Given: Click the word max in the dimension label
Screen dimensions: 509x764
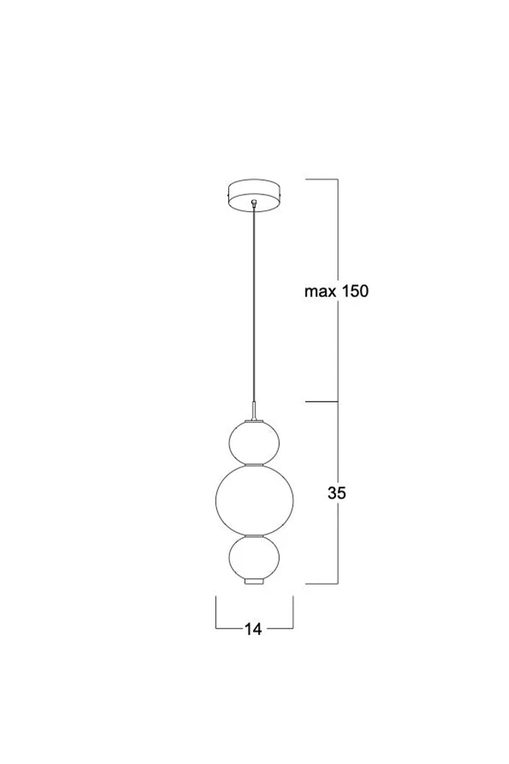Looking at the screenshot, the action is point(319,292).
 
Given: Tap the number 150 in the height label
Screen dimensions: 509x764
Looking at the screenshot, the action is point(353,291).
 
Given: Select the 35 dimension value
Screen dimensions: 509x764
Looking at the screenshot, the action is point(336,493).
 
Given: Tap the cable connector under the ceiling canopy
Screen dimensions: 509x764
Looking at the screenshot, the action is point(253,204).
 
